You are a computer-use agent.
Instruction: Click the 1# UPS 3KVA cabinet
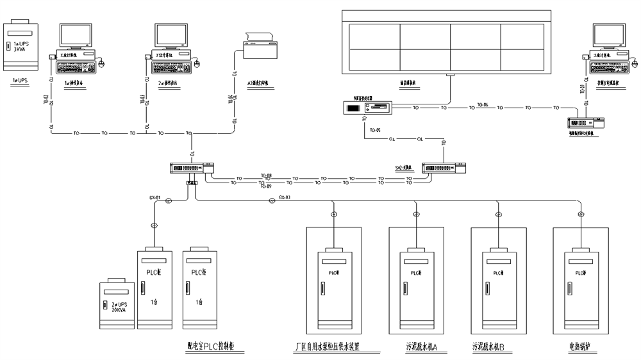(x=21, y=47)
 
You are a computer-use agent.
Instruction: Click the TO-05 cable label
(x=374, y=131)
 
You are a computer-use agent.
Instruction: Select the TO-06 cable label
(x=482, y=104)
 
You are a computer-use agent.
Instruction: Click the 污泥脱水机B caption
(x=488, y=348)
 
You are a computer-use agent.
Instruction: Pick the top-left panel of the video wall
(x=374, y=36)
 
